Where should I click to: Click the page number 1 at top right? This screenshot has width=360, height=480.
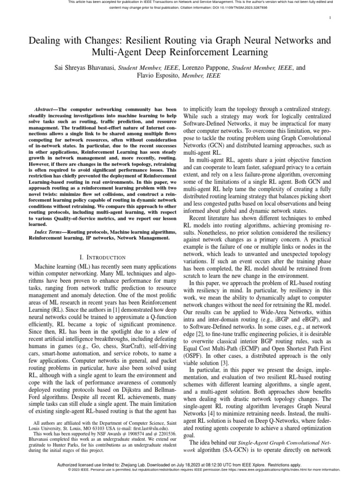(x=330, y=18)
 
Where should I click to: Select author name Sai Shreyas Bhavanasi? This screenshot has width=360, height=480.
(x=85, y=67)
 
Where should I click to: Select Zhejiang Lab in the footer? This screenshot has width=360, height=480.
(x=135, y=465)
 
